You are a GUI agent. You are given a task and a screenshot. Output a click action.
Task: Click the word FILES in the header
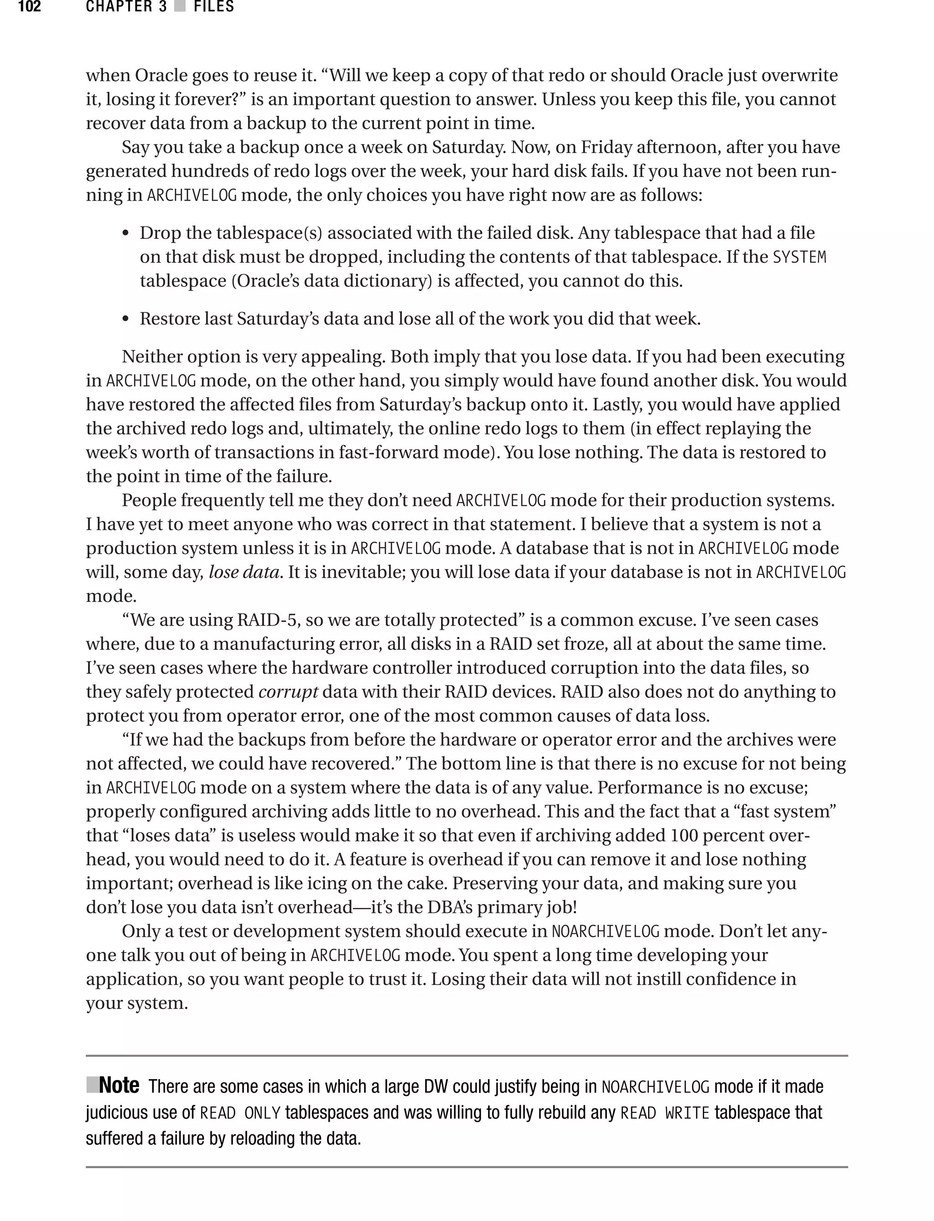coord(213,7)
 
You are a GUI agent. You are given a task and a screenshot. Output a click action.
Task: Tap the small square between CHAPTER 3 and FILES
coord(180,7)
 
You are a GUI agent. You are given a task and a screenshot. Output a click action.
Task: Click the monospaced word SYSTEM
coord(799,257)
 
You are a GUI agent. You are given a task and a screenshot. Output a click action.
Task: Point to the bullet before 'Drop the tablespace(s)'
coord(126,234)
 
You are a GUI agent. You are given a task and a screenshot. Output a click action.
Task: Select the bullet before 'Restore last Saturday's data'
coord(126,320)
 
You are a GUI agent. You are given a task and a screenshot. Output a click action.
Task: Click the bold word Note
coord(119,1085)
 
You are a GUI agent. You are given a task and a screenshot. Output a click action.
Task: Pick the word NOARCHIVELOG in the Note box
coord(655,1086)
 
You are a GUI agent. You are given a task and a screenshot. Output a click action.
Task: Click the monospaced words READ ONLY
coord(239,1113)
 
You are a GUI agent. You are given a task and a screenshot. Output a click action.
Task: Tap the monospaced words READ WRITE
coord(664,1113)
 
